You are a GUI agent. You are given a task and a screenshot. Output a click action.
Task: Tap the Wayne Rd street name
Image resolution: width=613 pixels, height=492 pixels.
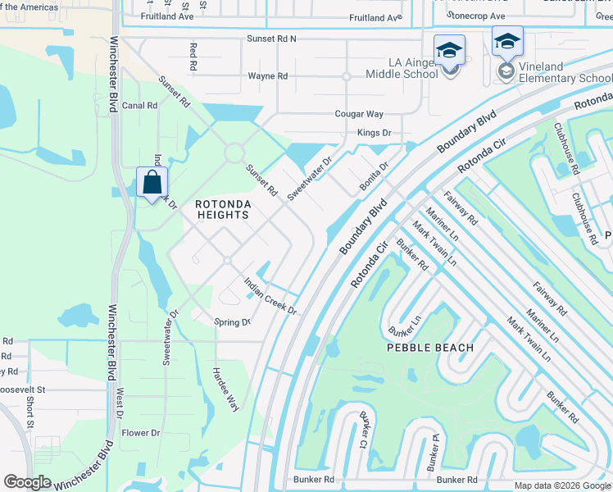268,76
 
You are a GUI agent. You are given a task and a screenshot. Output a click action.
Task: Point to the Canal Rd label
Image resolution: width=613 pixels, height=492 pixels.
139,106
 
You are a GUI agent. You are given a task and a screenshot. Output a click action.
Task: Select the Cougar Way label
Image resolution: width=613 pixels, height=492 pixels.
358,114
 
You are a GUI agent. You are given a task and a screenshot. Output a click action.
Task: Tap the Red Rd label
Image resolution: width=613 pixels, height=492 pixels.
193,57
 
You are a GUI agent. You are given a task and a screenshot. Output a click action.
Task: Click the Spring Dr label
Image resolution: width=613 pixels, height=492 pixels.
232,322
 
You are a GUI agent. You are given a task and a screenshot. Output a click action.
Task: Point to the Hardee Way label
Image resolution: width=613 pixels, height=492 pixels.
225,388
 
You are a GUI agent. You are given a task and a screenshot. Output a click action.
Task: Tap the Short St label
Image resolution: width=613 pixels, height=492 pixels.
30,412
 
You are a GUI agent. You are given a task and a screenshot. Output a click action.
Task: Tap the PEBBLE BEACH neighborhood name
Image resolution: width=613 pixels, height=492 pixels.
430,348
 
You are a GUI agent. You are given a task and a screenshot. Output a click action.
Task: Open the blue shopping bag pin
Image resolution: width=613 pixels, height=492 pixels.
152,182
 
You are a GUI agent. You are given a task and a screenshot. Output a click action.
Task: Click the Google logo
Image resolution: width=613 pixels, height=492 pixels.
27,482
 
